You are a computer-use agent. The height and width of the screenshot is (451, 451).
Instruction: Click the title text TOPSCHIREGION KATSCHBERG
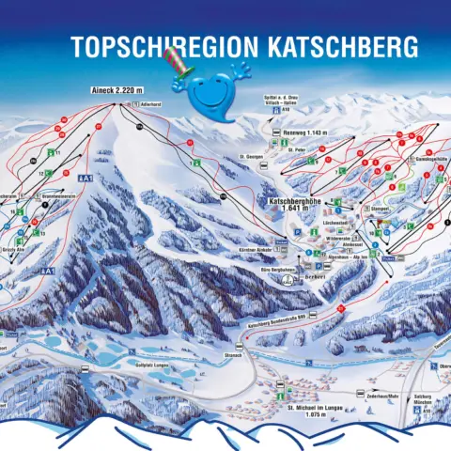click(x=241, y=44)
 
